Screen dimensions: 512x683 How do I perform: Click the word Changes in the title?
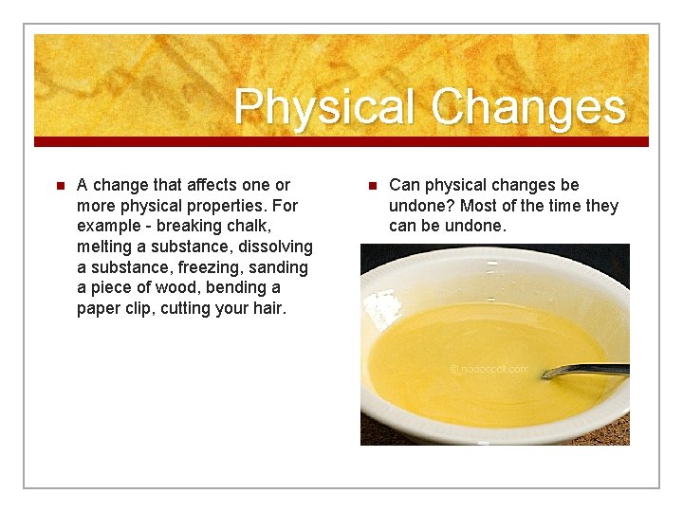pos(528,107)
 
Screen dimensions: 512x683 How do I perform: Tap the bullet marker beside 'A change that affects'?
pos(58,186)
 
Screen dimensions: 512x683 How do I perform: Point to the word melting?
pos(105,247)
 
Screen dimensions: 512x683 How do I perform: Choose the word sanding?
pos(279,267)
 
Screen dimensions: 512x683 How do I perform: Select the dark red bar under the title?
pos(341,141)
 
